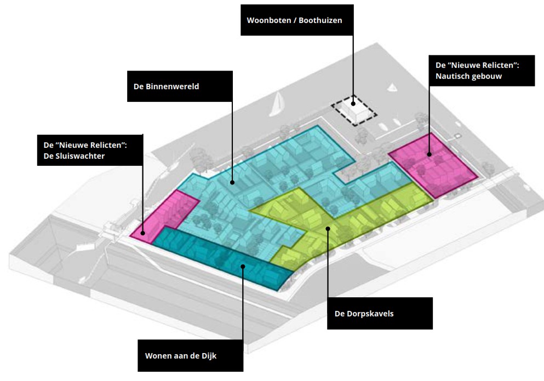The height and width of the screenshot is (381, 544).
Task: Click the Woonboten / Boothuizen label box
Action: click(x=297, y=20)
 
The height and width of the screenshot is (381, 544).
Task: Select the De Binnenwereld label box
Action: click(x=180, y=86)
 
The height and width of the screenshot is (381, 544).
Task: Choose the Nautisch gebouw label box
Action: click(x=482, y=70)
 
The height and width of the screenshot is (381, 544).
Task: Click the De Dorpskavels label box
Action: click(x=379, y=313)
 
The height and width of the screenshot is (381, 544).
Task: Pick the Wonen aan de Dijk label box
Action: click(x=190, y=355)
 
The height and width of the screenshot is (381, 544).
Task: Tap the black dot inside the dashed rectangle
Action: click(x=353, y=103)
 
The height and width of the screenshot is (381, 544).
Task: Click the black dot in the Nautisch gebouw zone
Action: click(x=430, y=154)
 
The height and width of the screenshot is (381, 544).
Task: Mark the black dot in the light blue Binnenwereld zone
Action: click(x=232, y=182)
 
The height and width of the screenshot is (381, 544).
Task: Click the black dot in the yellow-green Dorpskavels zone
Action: click(x=328, y=228)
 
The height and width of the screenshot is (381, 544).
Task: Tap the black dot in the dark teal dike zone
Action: click(x=242, y=267)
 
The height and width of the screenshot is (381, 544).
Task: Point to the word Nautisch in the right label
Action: click(x=450, y=76)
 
